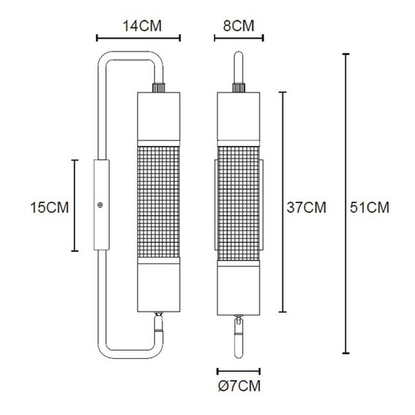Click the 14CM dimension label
point(142,26)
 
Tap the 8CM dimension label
point(239,26)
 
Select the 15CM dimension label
point(50,207)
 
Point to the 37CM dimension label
point(306,207)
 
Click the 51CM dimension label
point(369,207)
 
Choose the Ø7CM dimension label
point(239,386)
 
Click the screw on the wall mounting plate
point(100,205)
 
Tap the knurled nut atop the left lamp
point(158,88)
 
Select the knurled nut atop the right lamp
point(239,88)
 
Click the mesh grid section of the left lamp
point(158,202)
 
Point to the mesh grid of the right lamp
point(239,203)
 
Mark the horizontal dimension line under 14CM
point(138,38)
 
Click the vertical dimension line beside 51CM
point(346,203)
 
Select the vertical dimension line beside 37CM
point(283,202)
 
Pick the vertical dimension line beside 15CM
point(75,205)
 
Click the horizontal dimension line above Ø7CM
point(239,371)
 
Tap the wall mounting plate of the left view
point(102,205)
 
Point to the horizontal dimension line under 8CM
point(239,38)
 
